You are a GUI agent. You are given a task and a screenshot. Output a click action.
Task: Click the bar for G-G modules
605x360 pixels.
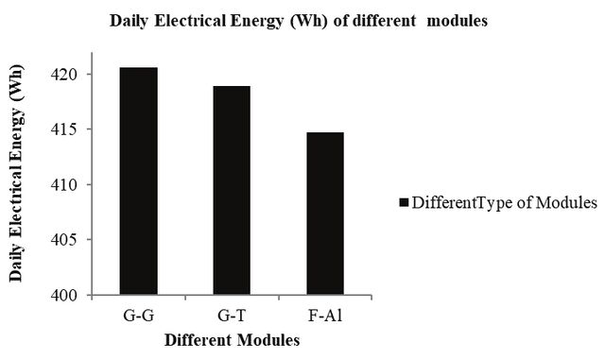coord(139,181)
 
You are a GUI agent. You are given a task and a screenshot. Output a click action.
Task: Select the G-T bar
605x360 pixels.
coord(232,190)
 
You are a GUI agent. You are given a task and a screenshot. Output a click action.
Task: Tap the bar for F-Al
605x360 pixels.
coord(325,214)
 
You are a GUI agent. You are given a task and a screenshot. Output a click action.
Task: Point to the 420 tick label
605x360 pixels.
coord(64,74)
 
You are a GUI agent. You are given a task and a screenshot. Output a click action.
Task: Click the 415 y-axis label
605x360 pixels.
coord(64,129)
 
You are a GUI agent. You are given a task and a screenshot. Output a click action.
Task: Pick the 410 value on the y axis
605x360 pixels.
coord(64,184)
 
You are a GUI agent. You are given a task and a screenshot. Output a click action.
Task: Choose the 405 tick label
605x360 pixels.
coord(64,240)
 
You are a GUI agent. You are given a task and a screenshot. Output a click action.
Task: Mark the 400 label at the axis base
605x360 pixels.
coord(64,295)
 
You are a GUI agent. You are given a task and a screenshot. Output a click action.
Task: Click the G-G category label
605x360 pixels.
coord(139,316)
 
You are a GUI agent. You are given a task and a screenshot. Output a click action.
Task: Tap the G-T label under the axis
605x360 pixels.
coord(232,316)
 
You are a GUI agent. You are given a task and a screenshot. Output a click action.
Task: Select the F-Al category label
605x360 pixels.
coord(325,316)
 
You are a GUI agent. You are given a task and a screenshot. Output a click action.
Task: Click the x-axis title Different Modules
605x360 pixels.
coord(233,340)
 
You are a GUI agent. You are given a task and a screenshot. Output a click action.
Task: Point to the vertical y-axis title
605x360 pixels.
coord(17,173)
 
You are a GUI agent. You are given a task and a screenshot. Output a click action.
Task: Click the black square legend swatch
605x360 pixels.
coord(404,203)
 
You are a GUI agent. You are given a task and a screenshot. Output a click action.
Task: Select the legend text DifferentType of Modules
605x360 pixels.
coord(504,202)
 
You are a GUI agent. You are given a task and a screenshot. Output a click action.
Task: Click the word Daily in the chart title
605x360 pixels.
coord(129,21)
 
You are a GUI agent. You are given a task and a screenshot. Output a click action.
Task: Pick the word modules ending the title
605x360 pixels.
coord(458,21)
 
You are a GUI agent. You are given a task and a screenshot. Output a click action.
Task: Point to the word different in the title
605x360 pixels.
coord(385,21)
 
